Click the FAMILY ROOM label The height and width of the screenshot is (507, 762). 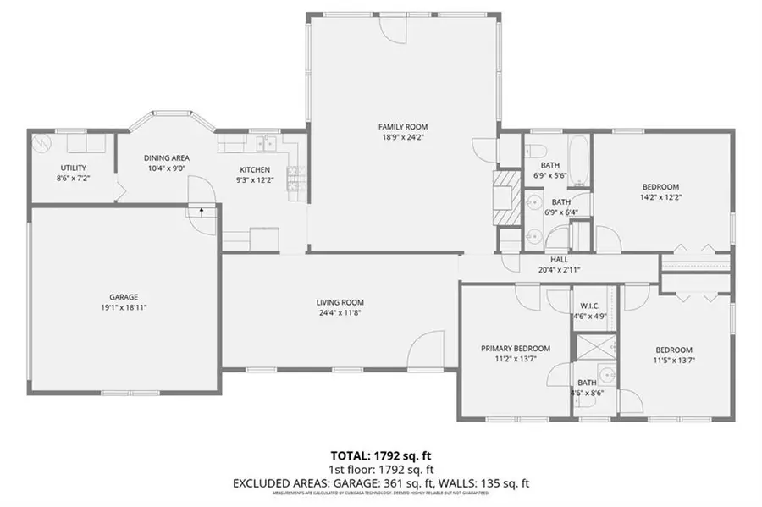397,126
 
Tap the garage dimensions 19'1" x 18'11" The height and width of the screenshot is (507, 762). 124,307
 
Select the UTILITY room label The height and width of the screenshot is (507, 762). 73,168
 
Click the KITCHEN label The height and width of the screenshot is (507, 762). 254,169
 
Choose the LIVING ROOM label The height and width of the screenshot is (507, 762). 340,302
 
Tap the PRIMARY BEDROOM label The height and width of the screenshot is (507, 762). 516,348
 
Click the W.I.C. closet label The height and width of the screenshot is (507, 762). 590,306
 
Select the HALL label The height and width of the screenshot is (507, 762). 559,260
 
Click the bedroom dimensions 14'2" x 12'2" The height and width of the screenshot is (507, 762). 660,196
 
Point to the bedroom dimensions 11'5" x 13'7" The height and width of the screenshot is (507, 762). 674,361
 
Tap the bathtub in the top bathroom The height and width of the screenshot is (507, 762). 579,160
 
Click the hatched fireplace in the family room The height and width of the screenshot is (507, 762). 505,198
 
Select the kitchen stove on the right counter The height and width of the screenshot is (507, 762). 295,177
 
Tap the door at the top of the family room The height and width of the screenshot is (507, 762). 394,28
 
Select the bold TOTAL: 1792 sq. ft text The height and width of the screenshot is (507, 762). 380,457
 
